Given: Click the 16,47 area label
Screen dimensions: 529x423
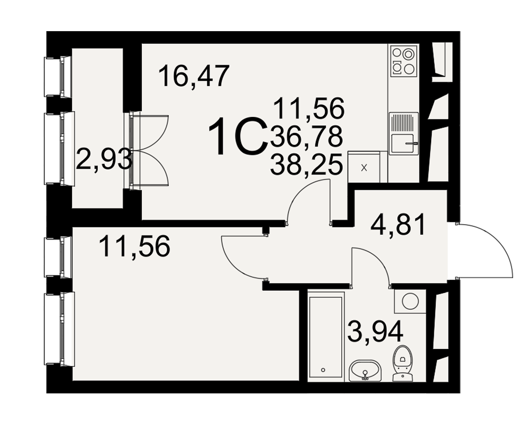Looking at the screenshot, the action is pyautogui.click(x=194, y=76).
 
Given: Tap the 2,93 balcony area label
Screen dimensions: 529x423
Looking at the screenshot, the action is pyautogui.click(x=104, y=160).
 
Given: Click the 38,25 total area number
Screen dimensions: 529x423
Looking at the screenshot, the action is pyautogui.click(x=306, y=164).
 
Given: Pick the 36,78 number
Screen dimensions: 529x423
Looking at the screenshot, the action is pyautogui.click(x=306, y=136).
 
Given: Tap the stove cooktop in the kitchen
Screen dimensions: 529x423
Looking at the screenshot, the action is pyautogui.click(x=404, y=60).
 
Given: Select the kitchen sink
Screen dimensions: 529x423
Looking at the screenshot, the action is pyautogui.click(x=404, y=134).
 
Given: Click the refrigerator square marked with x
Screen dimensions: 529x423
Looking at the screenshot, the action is pyautogui.click(x=364, y=167).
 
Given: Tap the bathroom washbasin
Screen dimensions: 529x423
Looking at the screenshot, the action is pyautogui.click(x=365, y=370).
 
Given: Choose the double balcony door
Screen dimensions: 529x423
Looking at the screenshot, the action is pyautogui.click(x=149, y=150).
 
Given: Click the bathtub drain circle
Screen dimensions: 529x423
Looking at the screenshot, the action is pyautogui.click(x=323, y=370).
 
